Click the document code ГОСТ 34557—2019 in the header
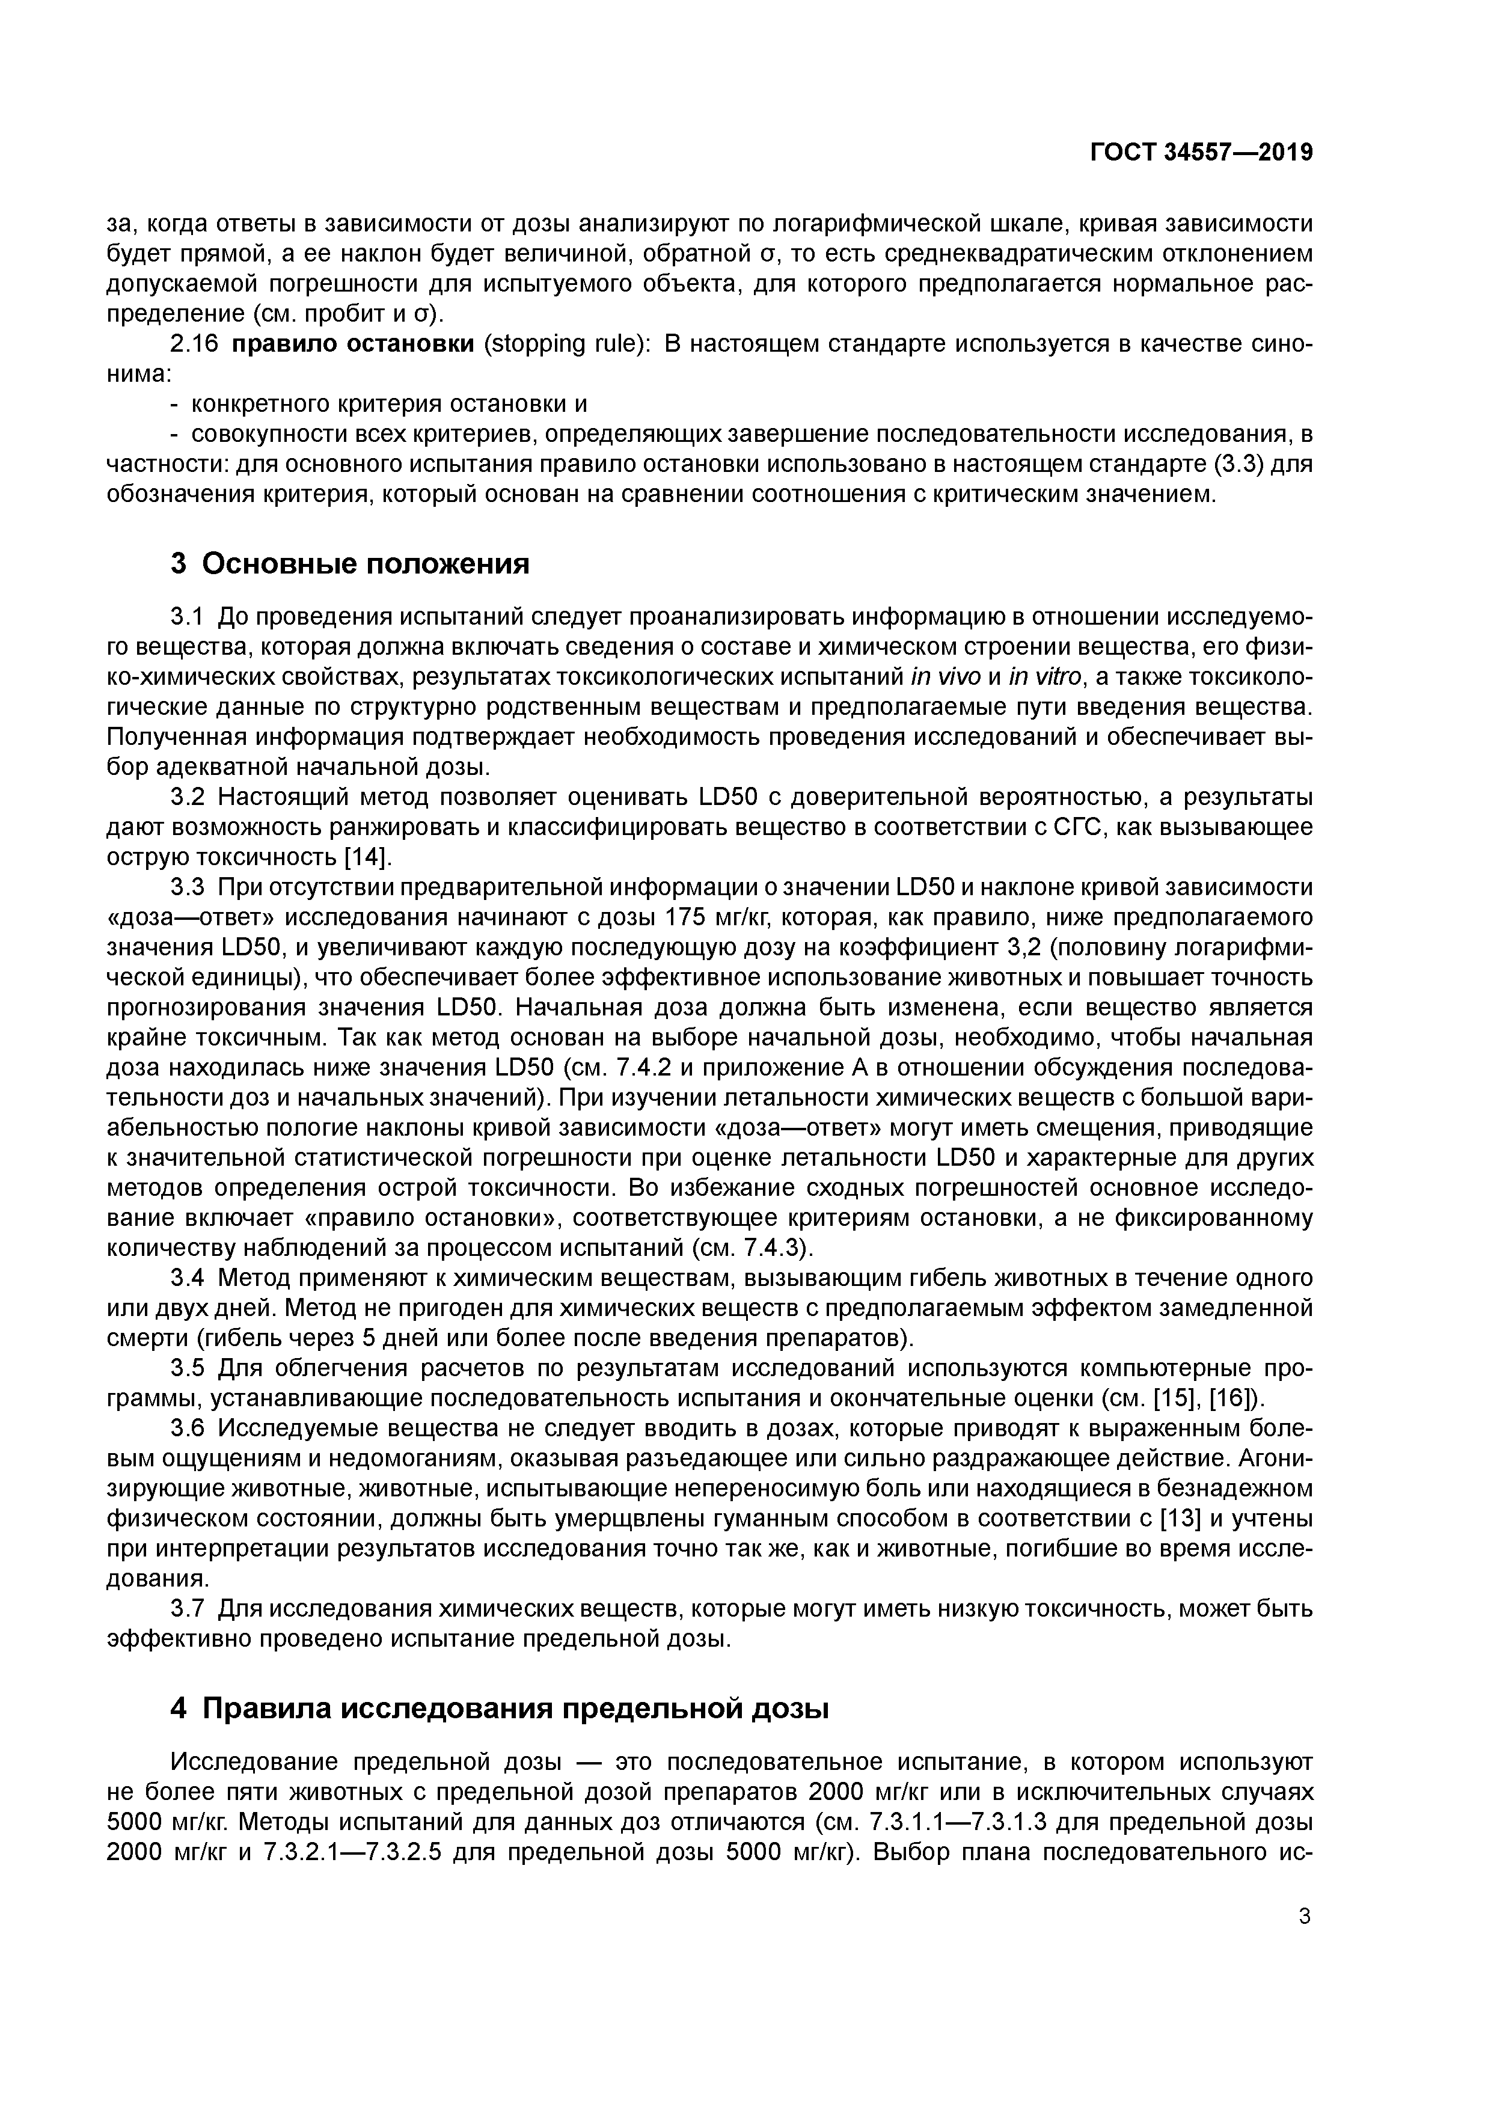[x=1201, y=153]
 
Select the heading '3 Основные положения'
[x=349, y=563]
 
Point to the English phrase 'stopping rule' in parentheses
[x=565, y=344]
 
